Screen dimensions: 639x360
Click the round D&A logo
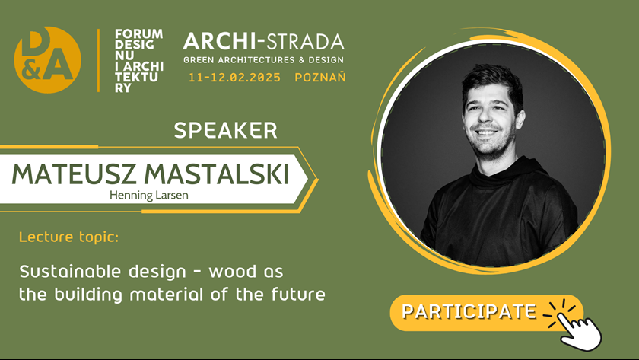[x=48, y=60]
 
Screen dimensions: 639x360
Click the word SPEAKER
[x=225, y=130]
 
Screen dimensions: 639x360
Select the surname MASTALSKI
[x=216, y=174]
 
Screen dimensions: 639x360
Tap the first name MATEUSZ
[x=74, y=174]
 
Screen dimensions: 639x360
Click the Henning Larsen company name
[x=149, y=196]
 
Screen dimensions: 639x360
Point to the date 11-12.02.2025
[x=234, y=78]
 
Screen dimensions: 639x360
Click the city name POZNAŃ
[x=320, y=77]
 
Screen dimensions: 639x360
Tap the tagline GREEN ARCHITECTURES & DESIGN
[x=264, y=60]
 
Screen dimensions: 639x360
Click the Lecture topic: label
[x=69, y=237]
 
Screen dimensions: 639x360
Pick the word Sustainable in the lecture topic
[x=70, y=272]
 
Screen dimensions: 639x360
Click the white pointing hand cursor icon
[x=580, y=330]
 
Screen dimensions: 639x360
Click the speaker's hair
[x=494, y=82]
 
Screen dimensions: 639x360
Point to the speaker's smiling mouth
[x=487, y=132]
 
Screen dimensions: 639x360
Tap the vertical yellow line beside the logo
[x=98, y=60]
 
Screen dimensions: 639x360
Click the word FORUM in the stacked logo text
[x=139, y=33]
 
